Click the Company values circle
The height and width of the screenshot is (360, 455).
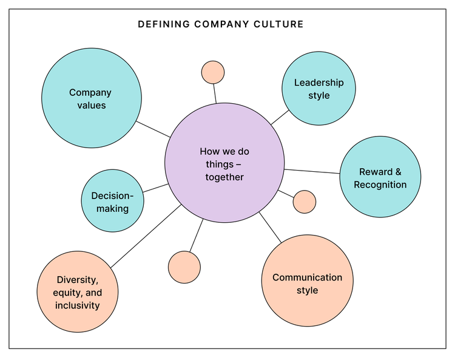(x=91, y=98)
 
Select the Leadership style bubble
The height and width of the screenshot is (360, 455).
(x=318, y=89)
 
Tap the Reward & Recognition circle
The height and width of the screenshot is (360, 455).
(x=380, y=177)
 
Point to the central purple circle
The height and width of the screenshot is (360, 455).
(x=224, y=162)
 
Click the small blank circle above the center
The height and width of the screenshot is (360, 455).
(x=213, y=72)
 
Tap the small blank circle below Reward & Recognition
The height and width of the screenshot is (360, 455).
(x=304, y=202)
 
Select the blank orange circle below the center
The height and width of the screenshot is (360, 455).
(x=184, y=267)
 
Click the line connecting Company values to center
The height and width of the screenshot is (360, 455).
(x=153, y=129)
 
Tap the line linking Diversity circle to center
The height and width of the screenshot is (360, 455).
(x=146, y=237)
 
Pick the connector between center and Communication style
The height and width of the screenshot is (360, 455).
(x=271, y=228)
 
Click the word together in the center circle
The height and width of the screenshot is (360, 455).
(x=224, y=177)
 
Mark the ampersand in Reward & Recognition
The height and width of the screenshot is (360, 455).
(x=398, y=172)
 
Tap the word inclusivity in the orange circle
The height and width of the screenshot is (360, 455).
(x=78, y=305)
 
